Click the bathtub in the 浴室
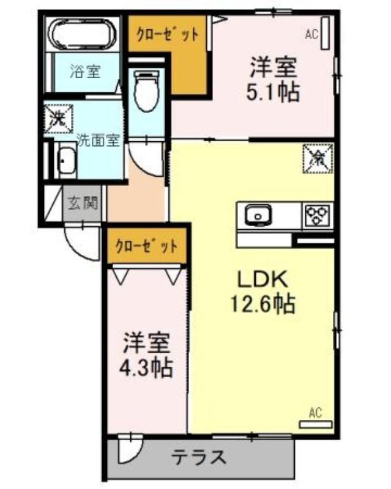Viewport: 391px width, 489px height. tap(83, 34)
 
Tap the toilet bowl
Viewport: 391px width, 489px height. tap(146, 91)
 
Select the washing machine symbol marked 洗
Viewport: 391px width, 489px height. tap(58, 117)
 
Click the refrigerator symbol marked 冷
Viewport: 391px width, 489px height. tap(318, 158)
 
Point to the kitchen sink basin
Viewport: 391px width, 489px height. tap(258, 215)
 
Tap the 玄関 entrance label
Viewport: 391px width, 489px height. tap(83, 203)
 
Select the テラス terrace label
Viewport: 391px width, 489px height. tap(198, 457)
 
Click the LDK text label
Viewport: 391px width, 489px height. tap(263, 279)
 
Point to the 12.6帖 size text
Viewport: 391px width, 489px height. tap(263, 304)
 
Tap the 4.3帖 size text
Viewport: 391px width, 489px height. tap(146, 368)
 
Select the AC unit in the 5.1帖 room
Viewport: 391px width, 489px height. tap(326, 33)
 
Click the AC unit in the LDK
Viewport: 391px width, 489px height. tap(316, 424)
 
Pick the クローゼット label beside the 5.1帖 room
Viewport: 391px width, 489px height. tap(168, 34)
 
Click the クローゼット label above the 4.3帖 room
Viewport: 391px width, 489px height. tap(146, 247)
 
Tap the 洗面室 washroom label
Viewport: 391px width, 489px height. tap(99, 140)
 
